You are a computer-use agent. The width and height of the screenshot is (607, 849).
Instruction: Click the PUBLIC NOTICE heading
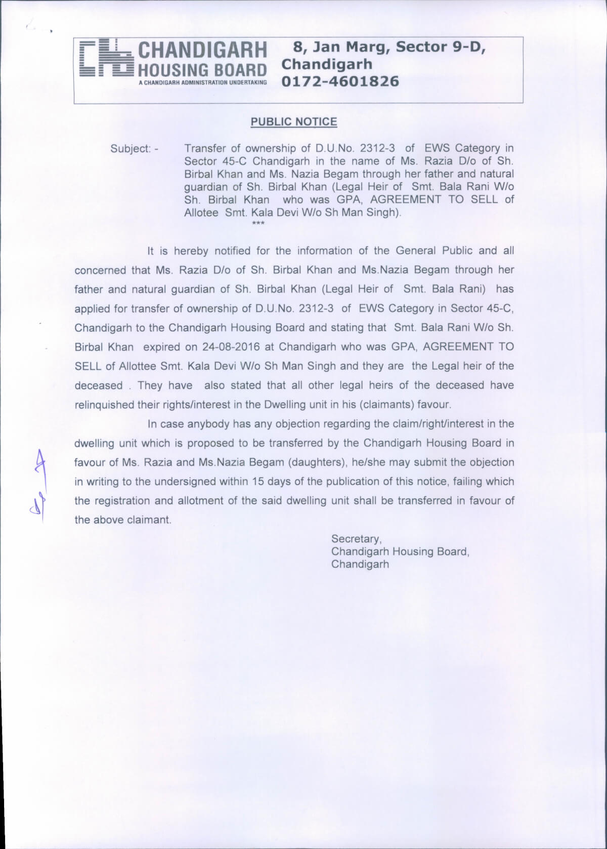(x=293, y=121)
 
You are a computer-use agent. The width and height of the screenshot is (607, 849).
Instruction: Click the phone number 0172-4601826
(x=340, y=81)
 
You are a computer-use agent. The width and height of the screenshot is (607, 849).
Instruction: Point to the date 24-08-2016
(x=235, y=347)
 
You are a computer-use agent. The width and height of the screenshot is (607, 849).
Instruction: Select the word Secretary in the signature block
(x=356, y=539)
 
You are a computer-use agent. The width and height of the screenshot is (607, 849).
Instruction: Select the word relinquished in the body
(x=104, y=405)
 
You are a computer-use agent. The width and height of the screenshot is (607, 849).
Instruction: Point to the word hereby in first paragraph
(x=192, y=251)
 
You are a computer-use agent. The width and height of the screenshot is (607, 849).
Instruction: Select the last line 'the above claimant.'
(x=123, y=520)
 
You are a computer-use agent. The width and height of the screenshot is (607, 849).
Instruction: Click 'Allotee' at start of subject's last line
(x=201, y=213)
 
